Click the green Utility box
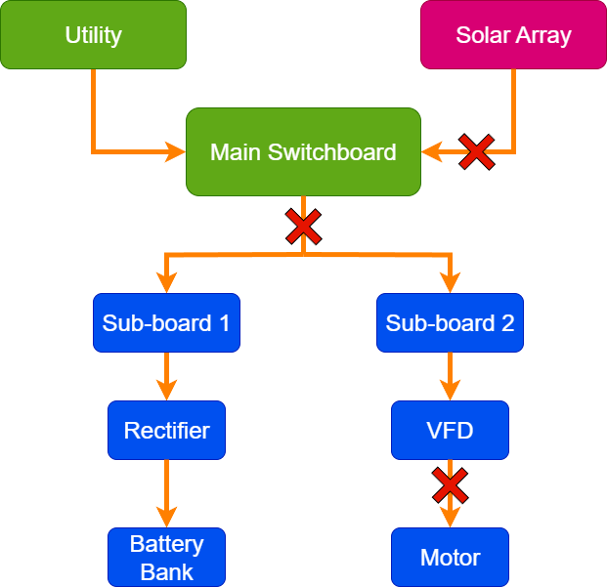coord(93,35)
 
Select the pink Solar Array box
coord(513,35)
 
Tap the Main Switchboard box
coord(303,151)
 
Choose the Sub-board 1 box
coord(166,322)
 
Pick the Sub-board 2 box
coord(450,322)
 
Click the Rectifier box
coord(166,430)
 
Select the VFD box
coord(450,430)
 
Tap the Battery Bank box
coord(166,557)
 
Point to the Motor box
coord(450,557)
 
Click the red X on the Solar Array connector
coord(476,151)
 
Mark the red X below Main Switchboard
coord(303,228)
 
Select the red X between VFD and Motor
coord(450,484)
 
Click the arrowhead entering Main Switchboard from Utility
coord(176,151)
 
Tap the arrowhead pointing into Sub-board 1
coord(166,284)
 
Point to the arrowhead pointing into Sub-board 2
coord(450,284)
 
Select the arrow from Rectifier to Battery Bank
coord(166,492)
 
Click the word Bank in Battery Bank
coord(166,570)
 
